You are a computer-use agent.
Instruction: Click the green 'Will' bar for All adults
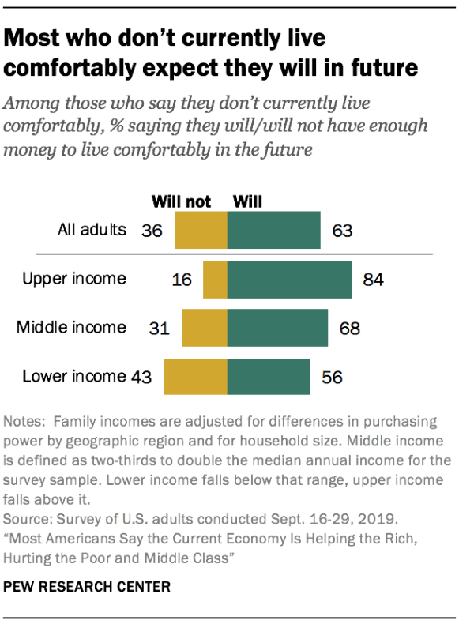pyautogui.click(x=273, y=231)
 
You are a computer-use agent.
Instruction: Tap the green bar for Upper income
pyautogui.click(x=289, y=280)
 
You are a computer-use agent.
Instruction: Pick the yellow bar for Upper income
pyautogui.click(x=215, y=280)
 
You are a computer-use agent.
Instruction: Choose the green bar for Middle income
pyautogui.click(x=277, y=328)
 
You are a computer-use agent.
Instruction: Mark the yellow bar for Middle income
pyautogui.click(x=205, y=328)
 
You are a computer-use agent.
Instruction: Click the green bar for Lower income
pyautogui.click(x=269, y=376)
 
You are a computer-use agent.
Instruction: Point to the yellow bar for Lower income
pyautogui.click(x=195, y=376)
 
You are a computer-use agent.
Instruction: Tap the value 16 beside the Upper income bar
pyautogui.click(x=182, y=280)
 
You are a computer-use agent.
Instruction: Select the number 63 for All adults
pyautogui.click(x=341, y=231)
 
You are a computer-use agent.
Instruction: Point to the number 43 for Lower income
pyautogui.click(x=142, y=376)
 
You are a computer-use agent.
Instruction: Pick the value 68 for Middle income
pyautogui.click(x=349, y=328)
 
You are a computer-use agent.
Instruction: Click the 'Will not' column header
pyautogui.click(x=181, y=201)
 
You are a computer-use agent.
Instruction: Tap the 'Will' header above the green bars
pyautogui.click(x=246, y=201)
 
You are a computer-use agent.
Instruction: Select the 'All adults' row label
pyautogui.click(x=92, y=230)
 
